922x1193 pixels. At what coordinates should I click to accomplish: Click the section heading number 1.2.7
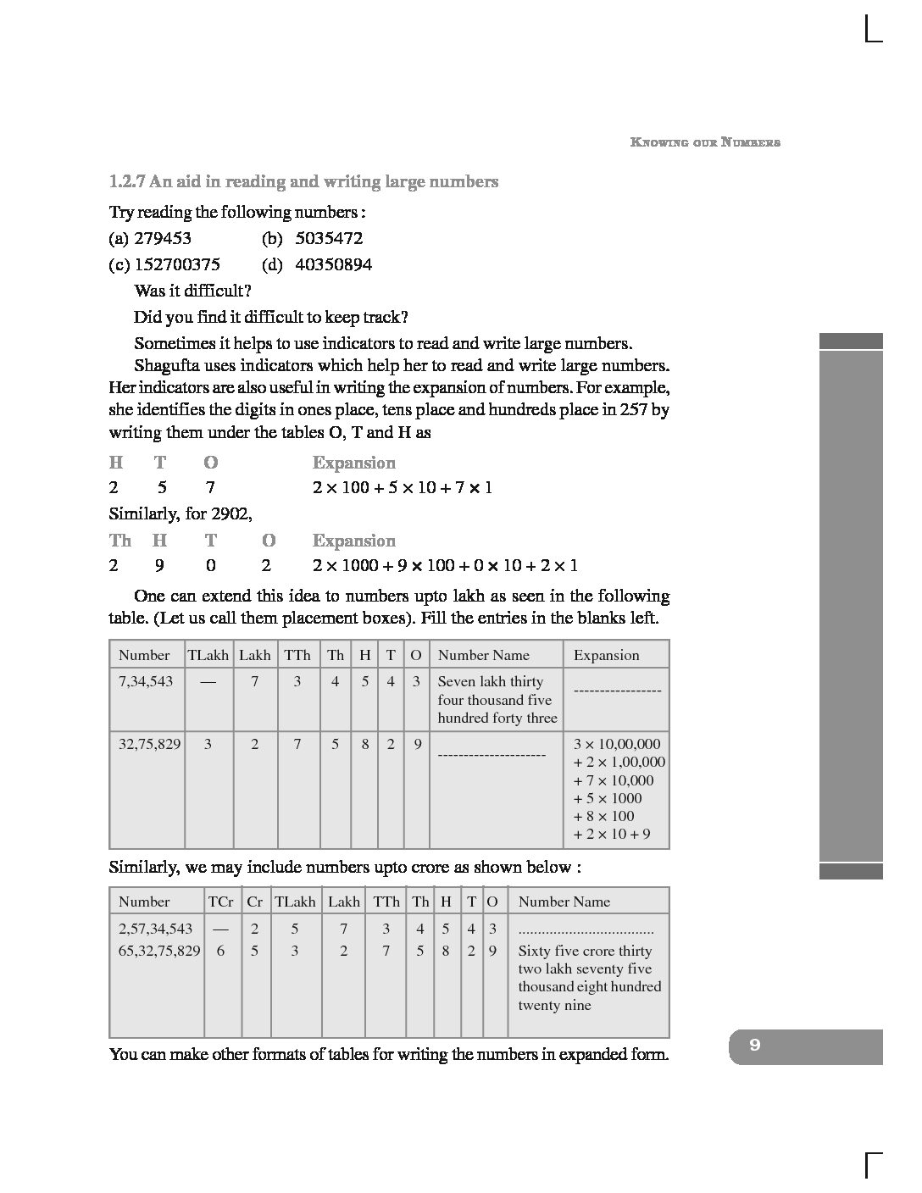[x=127, y=181]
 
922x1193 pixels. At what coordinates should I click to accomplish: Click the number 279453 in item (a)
[x=163, y=239]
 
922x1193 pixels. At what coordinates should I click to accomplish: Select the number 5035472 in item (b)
[x=329, y=239]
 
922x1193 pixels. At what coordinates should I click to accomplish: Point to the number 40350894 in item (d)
[x=333, y=265]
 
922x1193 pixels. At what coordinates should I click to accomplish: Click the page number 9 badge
[x=755, y=1046]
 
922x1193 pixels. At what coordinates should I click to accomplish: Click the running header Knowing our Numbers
[x=705, y=142]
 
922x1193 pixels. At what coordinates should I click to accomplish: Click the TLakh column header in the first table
[x=208, y=655]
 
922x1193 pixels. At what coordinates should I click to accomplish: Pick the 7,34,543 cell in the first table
[x=147, y=681]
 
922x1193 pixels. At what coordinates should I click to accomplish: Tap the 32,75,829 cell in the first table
[x=149, y=744]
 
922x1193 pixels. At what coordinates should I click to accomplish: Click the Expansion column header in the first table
[x=606, y=655]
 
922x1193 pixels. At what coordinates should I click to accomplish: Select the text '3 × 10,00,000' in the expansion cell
[x=617, y=744]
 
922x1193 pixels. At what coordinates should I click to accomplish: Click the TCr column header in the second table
[x=220, y=902]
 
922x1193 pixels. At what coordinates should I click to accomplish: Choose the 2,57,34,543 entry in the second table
[x=156, y=929]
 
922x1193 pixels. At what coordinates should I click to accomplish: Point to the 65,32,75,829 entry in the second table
[x=159, y=951]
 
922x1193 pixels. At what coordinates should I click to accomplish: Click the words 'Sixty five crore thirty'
[x=585, y=951]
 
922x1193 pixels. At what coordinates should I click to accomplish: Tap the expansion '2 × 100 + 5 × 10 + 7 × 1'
[x=402, y=488]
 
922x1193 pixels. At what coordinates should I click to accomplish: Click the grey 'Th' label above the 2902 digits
[x=120, y=541]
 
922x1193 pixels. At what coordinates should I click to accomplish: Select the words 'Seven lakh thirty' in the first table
[x=490, y=681]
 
